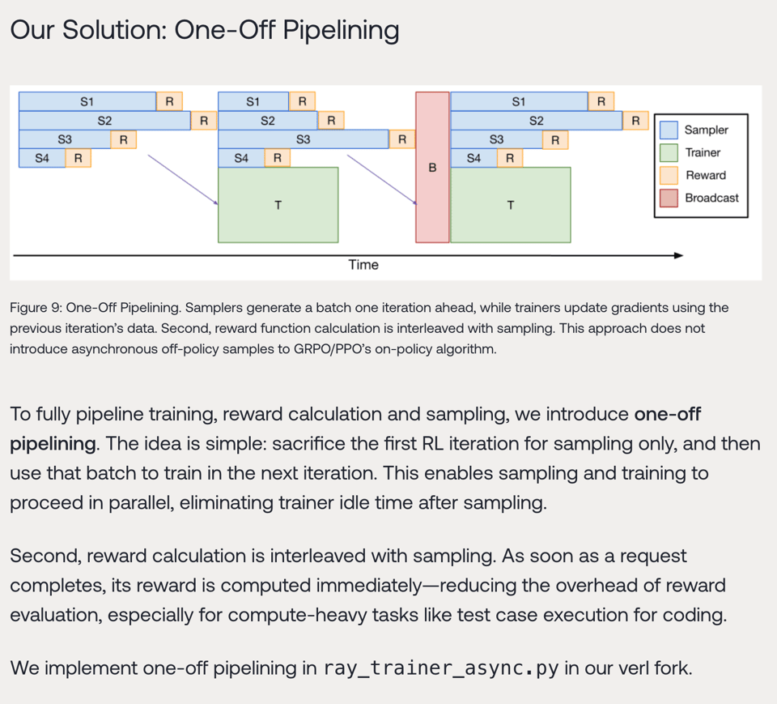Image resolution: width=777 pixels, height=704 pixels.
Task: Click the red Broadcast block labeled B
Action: tap(432, 167)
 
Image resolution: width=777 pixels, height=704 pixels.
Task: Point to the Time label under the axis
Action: tap(363, 265)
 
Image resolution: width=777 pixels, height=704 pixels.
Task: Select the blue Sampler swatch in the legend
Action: tap(669, 130)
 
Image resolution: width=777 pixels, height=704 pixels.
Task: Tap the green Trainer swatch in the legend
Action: tap(669, 152)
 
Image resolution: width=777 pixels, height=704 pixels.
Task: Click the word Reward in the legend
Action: tap(705, 175)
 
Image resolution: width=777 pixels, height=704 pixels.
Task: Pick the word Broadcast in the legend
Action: tap(711, 198)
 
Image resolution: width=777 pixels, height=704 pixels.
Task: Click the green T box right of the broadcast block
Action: tap(510, 205)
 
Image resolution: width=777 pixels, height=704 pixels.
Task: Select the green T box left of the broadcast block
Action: tap(278, 205)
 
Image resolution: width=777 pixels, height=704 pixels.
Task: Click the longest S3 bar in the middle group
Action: tap(304, 139)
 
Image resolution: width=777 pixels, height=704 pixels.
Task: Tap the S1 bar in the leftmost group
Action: tap(87, 101)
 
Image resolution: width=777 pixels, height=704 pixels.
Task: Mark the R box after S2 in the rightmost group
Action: tap(635, 121)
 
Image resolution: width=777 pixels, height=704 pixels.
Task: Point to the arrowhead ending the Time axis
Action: tap(678, 255)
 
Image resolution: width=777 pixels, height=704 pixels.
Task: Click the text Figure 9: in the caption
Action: tap(36, 308)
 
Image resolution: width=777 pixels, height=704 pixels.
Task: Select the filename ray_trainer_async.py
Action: tap(440, 668)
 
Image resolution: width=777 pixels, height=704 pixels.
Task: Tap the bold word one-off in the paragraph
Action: tap(668, 415)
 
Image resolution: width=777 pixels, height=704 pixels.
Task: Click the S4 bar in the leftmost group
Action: tap(42, 158)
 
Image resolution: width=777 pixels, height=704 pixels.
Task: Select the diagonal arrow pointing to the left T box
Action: tap(183, 180)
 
